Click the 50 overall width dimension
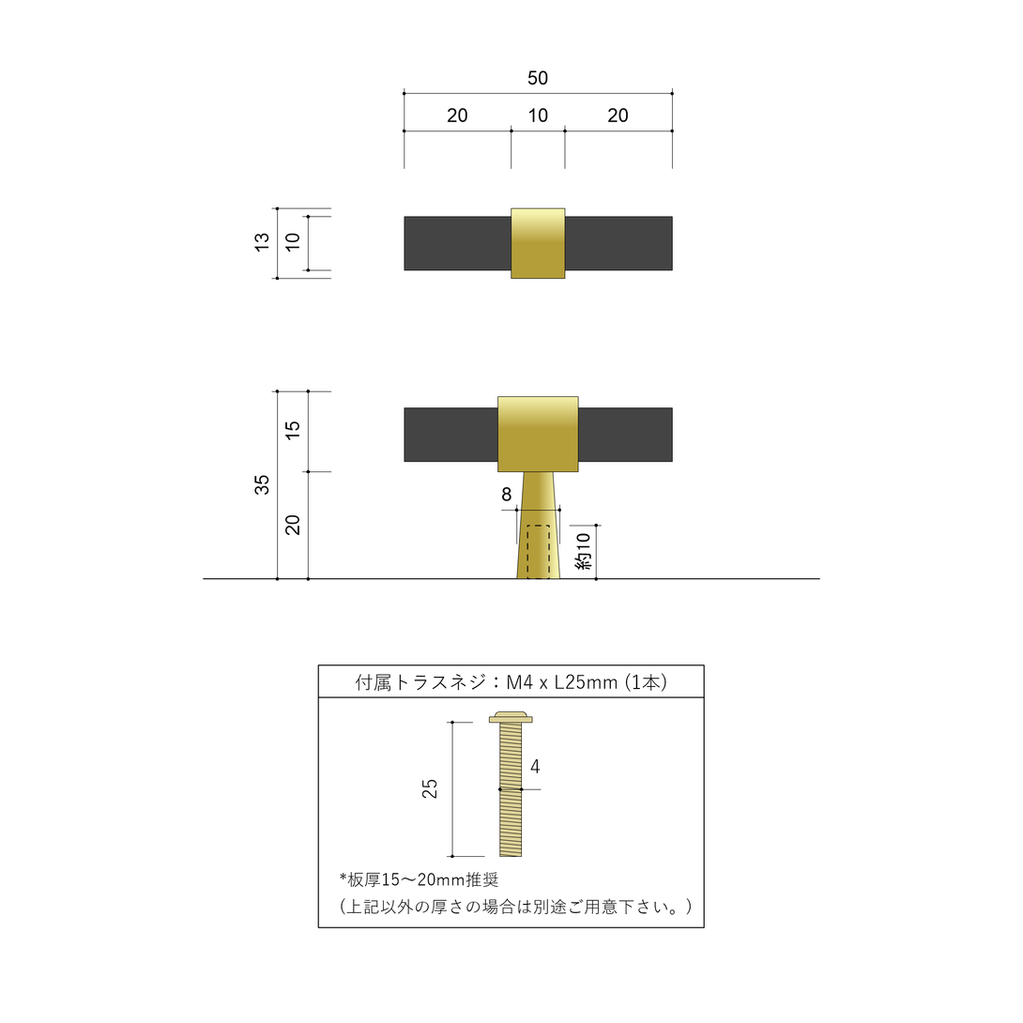tap(538, 78)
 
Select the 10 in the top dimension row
tap(538, 115)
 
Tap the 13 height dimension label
tap(262, 242)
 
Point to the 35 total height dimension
tap(262, 484)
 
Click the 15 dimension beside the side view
tap(293, 429)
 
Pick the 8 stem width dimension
tap(506, 495)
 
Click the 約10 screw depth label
tap(583, 551)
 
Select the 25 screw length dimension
tap(429, 788)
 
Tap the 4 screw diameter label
tap(535, 767)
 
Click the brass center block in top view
tap(538, 243)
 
